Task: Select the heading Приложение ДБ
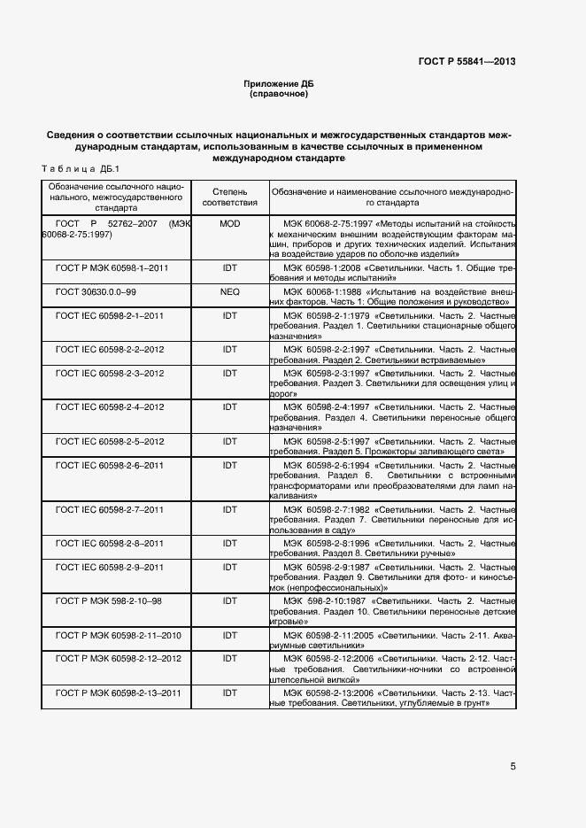click(x=279, y=83)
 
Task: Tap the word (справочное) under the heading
click(x=279, y=93)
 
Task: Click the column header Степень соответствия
click(x=229, y=197)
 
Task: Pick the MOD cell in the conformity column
click(x=229, y=224)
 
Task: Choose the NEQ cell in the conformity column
click(x=229, y=290)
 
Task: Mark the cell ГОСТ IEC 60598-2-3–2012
click(x=110, y=374)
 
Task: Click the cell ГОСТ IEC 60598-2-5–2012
click(x=110, y=441)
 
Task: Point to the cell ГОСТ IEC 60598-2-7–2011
click(x=110, y=510)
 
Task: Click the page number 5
click(x=513, y=767)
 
